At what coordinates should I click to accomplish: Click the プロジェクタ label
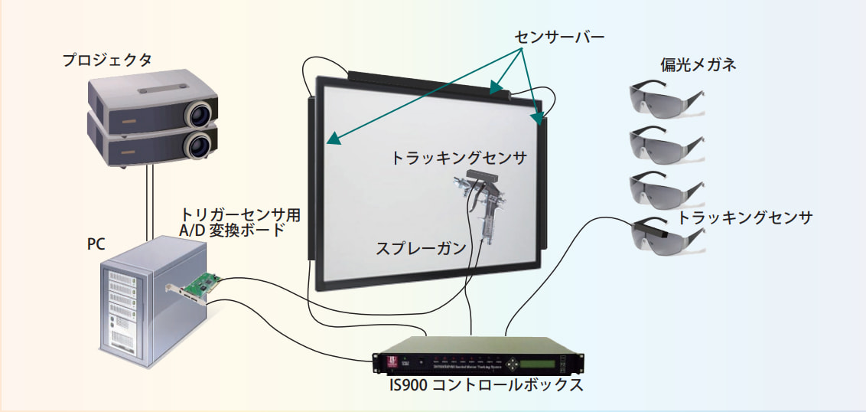click(x=108, y=59)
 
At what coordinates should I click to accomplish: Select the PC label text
click(x=96, y=244)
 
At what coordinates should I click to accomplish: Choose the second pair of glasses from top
click(x=664, y=142)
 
